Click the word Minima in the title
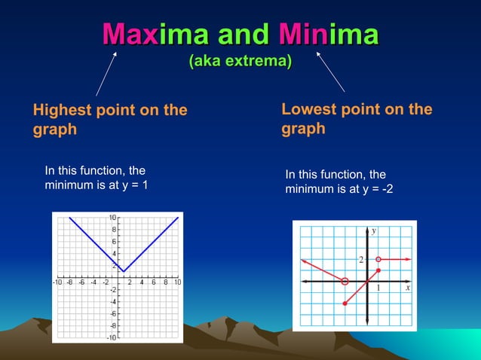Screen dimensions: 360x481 click(x=328, y=34)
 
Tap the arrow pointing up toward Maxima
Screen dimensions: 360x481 click(x=106, y=74)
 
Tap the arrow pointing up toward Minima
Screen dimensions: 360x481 click(x=330, y=72)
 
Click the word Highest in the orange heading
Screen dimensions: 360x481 click(x=62, y=110)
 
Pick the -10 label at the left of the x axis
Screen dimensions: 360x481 click(x=57, y=282)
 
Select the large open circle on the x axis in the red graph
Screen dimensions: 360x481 click(x=345, y=281)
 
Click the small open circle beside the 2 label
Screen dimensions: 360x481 click(x=378, y=259)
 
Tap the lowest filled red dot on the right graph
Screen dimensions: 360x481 click(x=345, y=304)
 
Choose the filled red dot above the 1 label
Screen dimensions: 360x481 click(x=378, y=270)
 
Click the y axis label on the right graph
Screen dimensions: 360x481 click(x=374, y=230)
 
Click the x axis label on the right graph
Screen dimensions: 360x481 click(x=407, y=288)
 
